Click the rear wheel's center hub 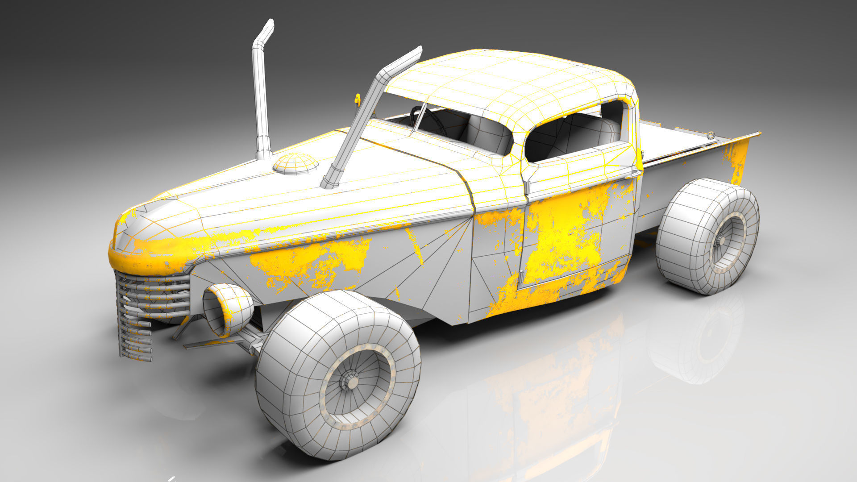721,241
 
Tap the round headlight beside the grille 228,309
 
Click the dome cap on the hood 295,163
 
